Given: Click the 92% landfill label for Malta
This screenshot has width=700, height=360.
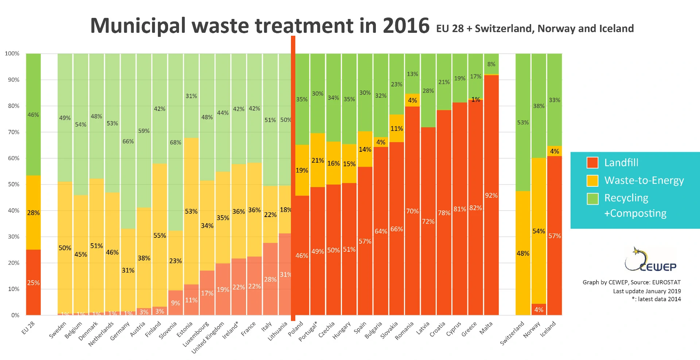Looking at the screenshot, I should pyautogui.click(x=491, y=196).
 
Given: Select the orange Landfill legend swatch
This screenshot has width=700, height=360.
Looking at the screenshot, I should pyautogui.click(x=592, y=163).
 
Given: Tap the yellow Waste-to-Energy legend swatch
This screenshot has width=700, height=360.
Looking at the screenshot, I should pyautogui.click(x=592, y=181).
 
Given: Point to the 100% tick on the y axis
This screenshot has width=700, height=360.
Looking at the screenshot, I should pyautogui.click(x=12, y=54).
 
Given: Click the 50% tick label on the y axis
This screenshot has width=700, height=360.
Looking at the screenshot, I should pyautogui.click(x=13, y=185).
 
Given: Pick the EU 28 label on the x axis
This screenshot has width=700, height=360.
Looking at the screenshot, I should pyautogui.click(x=28, y=328).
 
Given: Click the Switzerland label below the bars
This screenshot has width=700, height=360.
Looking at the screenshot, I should pyautogui.click(x=512, y=333).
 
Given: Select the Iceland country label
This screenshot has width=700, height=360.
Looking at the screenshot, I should pyautogui.click(x=548, y=329).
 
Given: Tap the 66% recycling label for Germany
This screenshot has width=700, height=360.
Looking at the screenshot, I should pyautogui.click(x=128, y=142).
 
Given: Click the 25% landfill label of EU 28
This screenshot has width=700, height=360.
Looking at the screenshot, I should pyautogui.click(x=33, y=283).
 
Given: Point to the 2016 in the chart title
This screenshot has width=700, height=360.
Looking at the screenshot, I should pyautogui.click(x=406, y=26).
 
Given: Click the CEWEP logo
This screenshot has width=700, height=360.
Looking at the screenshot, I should pyautogui.click(x=650, y=260).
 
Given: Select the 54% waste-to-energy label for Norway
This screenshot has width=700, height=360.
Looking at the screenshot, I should pyautogui.click(x=538, y=231).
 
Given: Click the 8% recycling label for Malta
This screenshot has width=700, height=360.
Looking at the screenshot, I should pyautogui.click(x=491, y=64).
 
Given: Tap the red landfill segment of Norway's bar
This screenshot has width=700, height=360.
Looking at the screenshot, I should pyautogui.click(x=538, y=309).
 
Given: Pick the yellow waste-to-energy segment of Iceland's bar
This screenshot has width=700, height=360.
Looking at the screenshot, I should pyautogui.click(x=555, y=151).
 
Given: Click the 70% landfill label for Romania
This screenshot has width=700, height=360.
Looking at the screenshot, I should pyautogui.click(x=412, y=211).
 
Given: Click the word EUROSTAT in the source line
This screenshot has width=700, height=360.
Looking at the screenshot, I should pyautogui.click(x=666, y=282).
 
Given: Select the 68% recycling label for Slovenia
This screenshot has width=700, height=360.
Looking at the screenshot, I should pyautogui.click(x=175, y=143).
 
